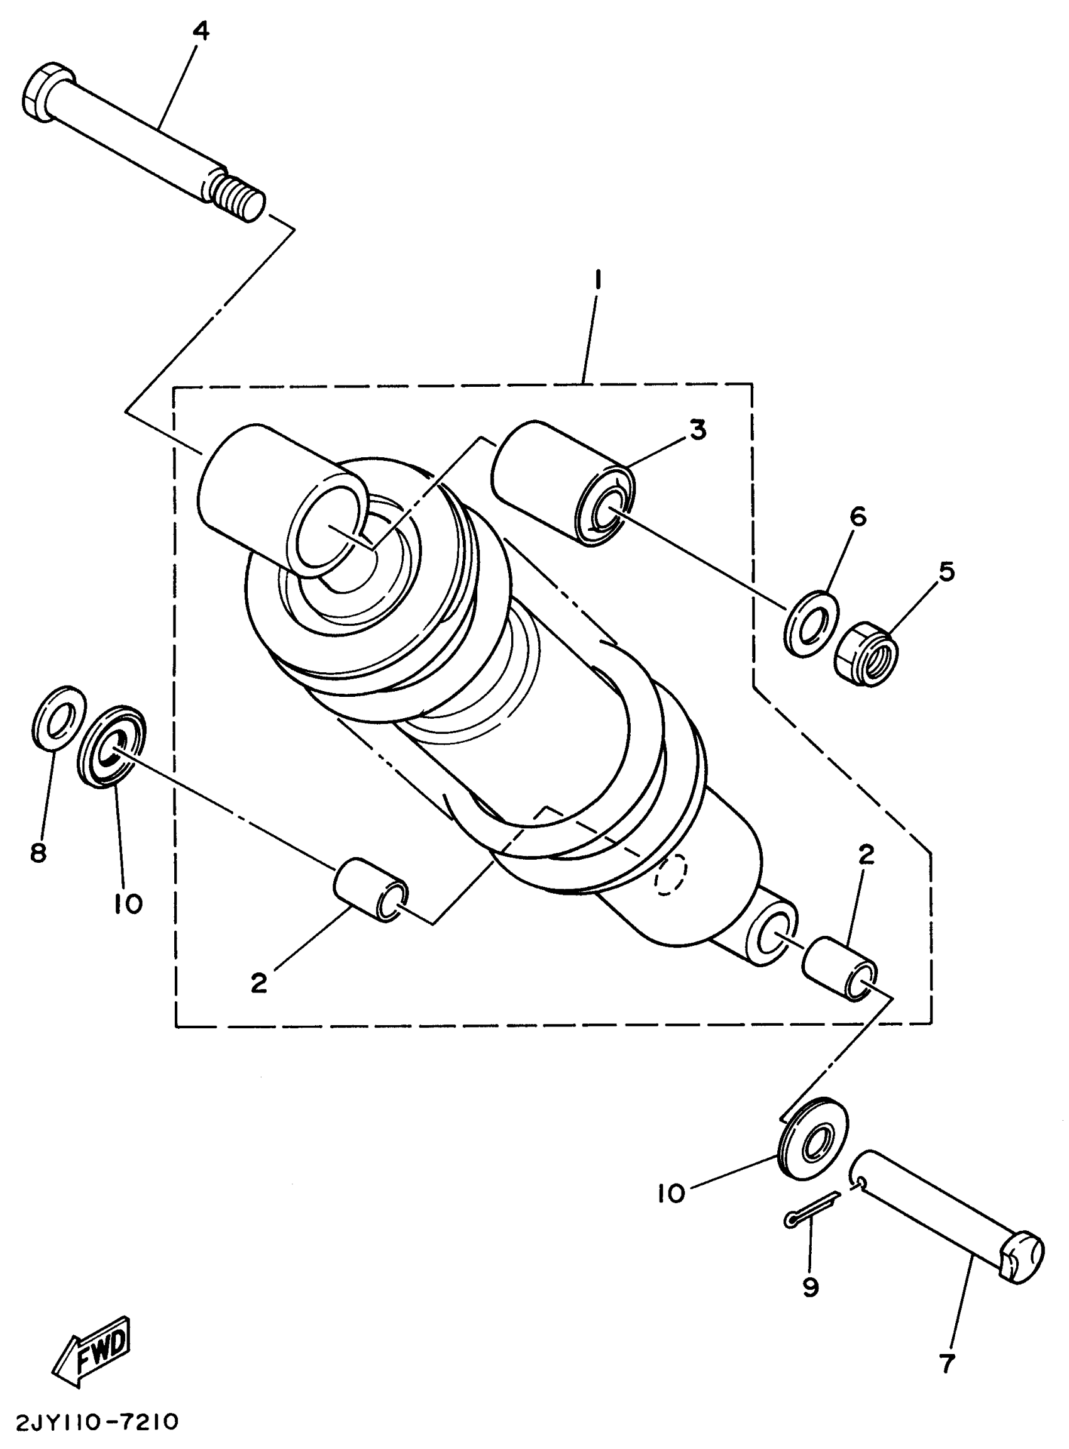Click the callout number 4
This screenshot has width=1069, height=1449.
[201, 31]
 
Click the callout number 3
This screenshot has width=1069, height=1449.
[697, 430]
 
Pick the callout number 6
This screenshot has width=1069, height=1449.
[857, 516]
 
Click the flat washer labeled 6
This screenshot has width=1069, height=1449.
[810, 623]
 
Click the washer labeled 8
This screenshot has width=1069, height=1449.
[58, 718]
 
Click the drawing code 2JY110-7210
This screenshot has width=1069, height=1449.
[89, 1423]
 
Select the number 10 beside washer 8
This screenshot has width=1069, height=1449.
[128, 904]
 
